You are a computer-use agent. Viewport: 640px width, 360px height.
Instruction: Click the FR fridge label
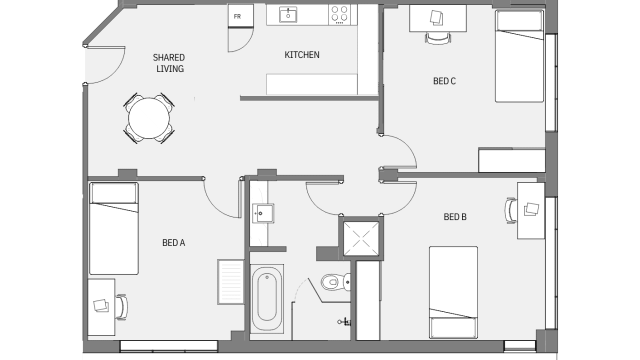pyautogui.click(x=237, y=16)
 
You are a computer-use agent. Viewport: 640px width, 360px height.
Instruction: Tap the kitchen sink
pyautogui.click(x=288, y=14)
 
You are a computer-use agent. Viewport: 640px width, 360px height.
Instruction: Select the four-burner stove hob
pyautogui.click(x=339, y=14)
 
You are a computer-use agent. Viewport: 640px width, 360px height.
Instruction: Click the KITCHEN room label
pyautogui.click(x=302, y=55)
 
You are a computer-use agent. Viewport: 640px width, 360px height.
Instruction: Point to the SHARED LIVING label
pyautogui.click(x=169, y=63)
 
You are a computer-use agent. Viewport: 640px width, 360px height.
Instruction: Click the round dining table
pyautogui.click(x=149, y=118)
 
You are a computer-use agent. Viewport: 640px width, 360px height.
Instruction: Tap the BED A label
pyautogui.click(x=173, y=243)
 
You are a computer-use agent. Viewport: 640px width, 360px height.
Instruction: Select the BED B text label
pyautogui.click(x=455, y=217)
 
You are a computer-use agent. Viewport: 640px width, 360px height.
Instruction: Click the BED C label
pyautogui.click(x=444, y=81)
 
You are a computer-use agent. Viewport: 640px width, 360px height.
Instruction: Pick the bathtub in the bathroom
pyautogui.click(x=267, y=299)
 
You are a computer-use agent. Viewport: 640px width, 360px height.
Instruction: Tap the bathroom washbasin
pyautogui.click(x=263, y=213)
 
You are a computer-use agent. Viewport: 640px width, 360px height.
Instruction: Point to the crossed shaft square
pyautogui.click(x=361, y=238)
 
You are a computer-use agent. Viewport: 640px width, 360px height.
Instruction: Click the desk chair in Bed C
pyautogui.click(x=438, y=38)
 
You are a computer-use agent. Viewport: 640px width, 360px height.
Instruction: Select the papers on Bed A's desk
pyautogui.click(x=101, y=305)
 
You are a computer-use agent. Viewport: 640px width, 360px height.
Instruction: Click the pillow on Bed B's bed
pyautogui.click(x=453, y=327)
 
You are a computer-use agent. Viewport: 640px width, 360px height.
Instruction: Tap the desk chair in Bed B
pyautogui.click(x=511, y=210)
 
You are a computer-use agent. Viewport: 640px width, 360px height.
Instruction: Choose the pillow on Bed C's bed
pyautogui.click(x=519, y=21)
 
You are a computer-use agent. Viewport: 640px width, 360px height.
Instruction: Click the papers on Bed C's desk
pyautogui.click(x=437, y=17)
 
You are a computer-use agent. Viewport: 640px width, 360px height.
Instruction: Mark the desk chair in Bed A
pyautogui.click(x=121, y=307)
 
